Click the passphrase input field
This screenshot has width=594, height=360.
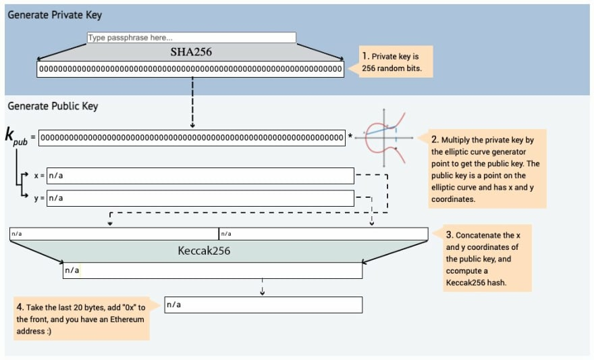(x=191, y=38)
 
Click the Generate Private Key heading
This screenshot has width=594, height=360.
(x=55, y=15)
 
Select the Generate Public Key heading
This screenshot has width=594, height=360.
(x=53, y=106)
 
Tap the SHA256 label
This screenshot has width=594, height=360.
(x=191, y=52)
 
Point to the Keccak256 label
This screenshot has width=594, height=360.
(x=211, y=251)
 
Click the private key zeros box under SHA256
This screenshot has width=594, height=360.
(x=191, y=69)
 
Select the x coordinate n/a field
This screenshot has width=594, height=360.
(x=200, y=176)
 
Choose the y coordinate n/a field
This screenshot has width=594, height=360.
(x=200, y=198)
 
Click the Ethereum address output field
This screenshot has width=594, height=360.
(x=263, y=305)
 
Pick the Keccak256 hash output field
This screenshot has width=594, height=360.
(x=212, y=271)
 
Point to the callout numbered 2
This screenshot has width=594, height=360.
(x=486, y=169)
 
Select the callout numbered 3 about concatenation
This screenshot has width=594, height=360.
(x=487, y=258)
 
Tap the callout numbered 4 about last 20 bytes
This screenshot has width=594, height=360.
(x=82, y=318)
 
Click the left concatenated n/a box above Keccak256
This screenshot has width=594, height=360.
(x=113, y=234)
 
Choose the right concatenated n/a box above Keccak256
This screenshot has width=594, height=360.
(x=323, y=234)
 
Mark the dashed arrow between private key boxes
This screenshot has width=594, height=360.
(x=193, y=101)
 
